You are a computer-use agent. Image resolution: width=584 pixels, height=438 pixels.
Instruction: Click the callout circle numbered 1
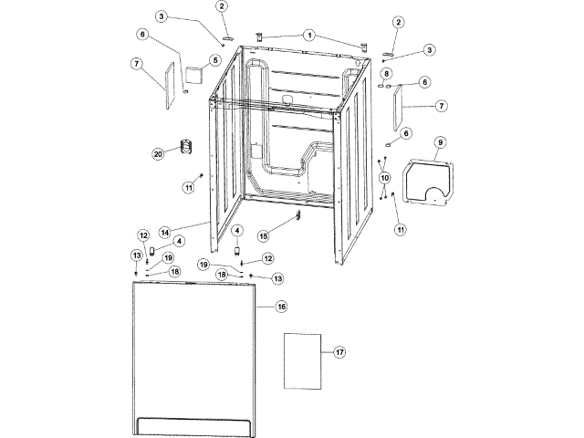[310, 36]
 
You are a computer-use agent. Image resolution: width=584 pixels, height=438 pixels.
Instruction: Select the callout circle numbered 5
[215, 61]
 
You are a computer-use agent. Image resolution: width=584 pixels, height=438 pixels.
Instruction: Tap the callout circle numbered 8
[387, 73]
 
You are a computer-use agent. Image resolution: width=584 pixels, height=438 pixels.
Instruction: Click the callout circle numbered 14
[164, 232]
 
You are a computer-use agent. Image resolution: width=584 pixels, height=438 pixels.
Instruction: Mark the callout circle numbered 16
[282, 308]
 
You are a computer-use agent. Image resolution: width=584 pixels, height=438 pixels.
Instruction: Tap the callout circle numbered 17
[339, 352]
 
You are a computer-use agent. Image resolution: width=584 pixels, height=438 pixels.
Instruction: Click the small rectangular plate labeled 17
[302, 360]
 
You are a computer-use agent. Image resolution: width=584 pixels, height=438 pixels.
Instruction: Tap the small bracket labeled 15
[298, 216]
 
